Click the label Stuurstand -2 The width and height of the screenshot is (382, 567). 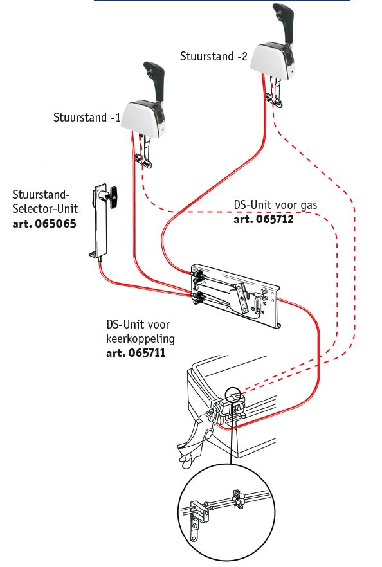tap(214, 57)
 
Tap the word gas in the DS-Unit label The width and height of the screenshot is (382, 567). tap(308, 205)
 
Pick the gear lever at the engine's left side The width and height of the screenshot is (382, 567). tap(196, 437)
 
